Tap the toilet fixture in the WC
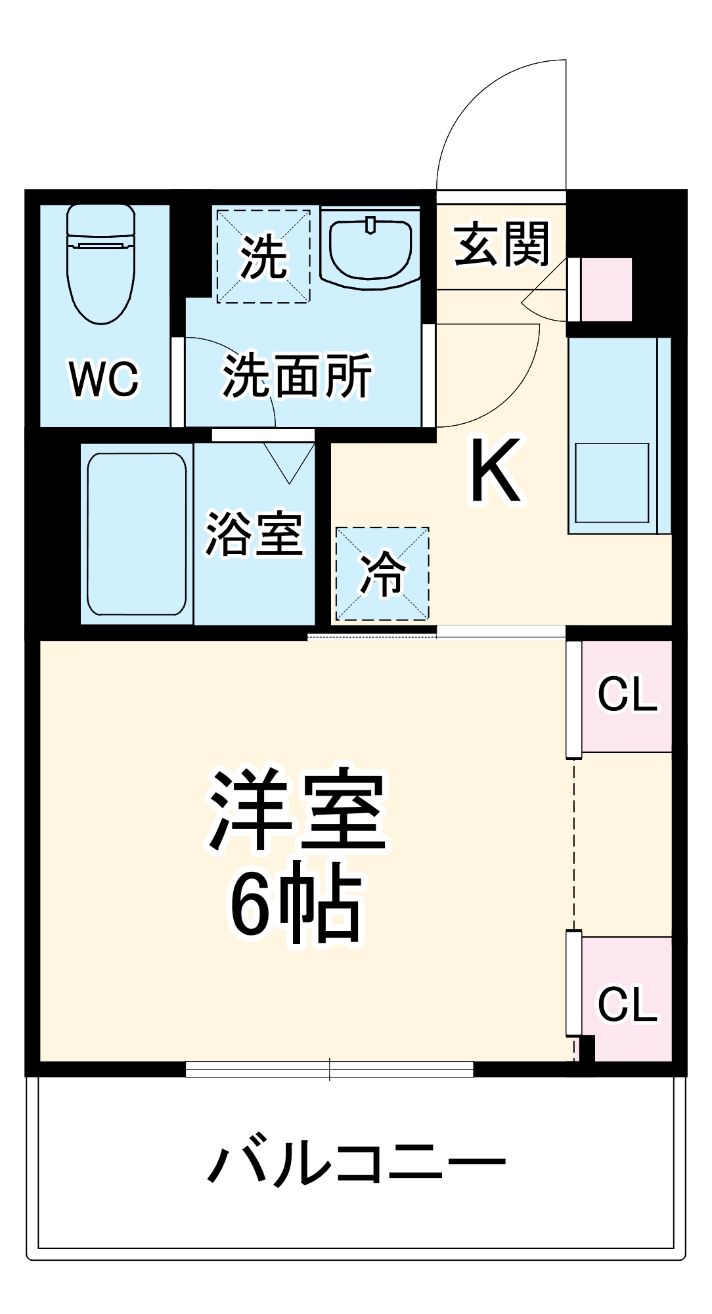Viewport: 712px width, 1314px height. tap(101, 263)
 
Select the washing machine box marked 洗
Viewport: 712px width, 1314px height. tap(263, 256)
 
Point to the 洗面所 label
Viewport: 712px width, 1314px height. tap(297, 376)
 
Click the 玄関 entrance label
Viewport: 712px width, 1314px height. tap(501, 244)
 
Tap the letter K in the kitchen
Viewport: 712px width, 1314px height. tap(495, 470)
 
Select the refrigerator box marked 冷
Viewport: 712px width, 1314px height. tap(382, 574)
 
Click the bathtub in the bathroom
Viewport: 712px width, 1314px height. tap(137, 533)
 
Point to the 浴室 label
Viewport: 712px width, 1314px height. tap(254, 533)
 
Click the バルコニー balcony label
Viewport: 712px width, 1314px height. tap(356, 1164)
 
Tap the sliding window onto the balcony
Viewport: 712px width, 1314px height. tap(329, 1070)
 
